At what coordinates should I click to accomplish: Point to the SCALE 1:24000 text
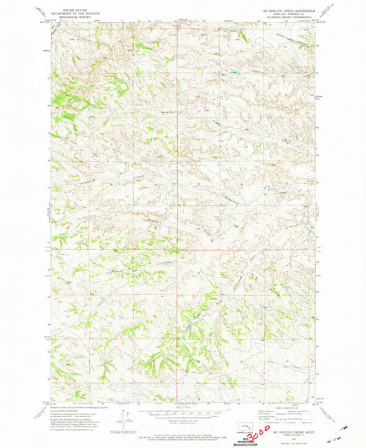coord(182,402)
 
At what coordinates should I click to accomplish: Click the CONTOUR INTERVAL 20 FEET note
coord(182,414)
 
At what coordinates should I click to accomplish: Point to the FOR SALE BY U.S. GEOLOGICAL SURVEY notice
coord(182,425)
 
